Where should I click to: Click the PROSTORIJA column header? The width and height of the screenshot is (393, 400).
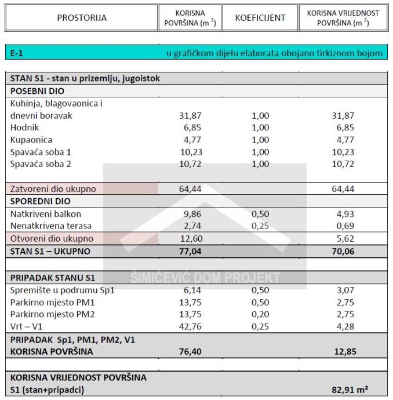coord(82,17)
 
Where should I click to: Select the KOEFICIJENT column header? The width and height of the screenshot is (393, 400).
coord(260,17)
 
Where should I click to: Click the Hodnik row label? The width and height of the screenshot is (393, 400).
coord(24,128)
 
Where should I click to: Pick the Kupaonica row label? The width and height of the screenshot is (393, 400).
coord(31,140)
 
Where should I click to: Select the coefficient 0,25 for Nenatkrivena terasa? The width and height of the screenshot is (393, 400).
coord(260,226)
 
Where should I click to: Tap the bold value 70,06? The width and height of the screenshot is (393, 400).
coord(342,252)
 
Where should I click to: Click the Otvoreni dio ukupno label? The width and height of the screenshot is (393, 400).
coord(52,239)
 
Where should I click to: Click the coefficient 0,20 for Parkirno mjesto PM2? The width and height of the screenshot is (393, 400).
coord(260,314)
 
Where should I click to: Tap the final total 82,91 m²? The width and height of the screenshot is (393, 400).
coord(350,390)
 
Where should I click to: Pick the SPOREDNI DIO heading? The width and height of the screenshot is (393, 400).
coord(40,202)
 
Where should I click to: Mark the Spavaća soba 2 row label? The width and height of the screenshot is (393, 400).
coord(41,164)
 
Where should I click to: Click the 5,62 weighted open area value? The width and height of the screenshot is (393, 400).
coord(344,239)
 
